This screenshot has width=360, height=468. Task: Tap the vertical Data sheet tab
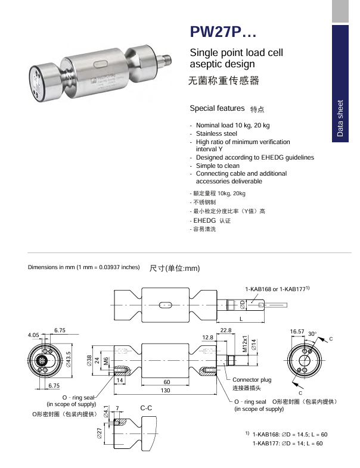[x=340, y=118]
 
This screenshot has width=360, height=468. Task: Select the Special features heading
[x=217, y=108]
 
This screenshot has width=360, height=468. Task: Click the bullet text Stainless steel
[x=216, y=134]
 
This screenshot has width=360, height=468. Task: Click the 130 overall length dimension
[x=165, y=391]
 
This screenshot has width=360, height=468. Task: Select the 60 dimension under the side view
[x=167, y=381]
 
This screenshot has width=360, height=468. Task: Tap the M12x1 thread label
[x=244, y=345]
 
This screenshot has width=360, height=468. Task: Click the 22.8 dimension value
[x=226, y=330]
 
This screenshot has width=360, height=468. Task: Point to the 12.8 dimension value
[x=207, y=338]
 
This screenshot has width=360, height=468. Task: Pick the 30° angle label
[x=312, y=335]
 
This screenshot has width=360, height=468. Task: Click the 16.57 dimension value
[x=297, y=330]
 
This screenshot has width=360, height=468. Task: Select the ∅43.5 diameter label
[x=69, y=360]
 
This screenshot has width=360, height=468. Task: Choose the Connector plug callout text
[x=252, y=380]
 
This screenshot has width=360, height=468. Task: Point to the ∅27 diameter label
[x=99, y=433]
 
